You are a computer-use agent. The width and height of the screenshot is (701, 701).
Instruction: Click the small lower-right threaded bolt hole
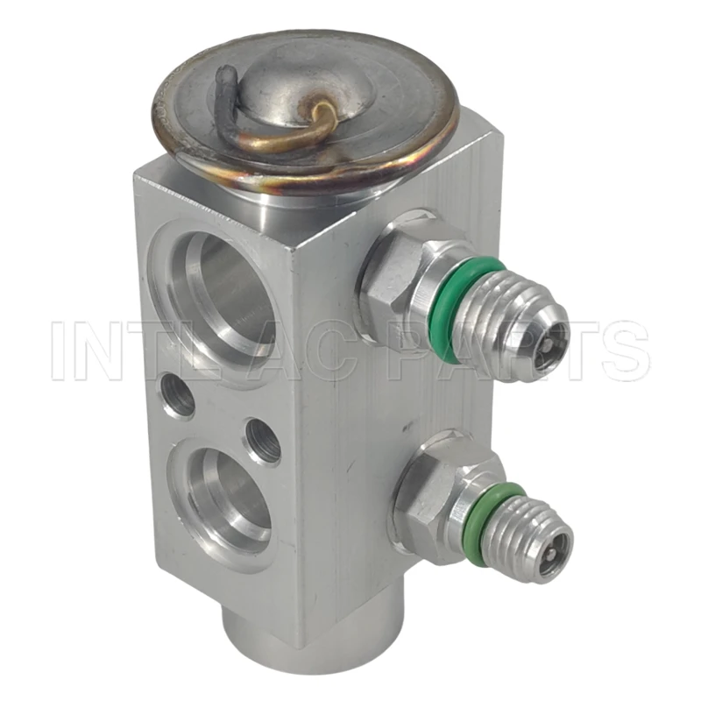(264, 441)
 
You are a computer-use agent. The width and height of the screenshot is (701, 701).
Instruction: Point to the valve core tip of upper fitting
(546, 343)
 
